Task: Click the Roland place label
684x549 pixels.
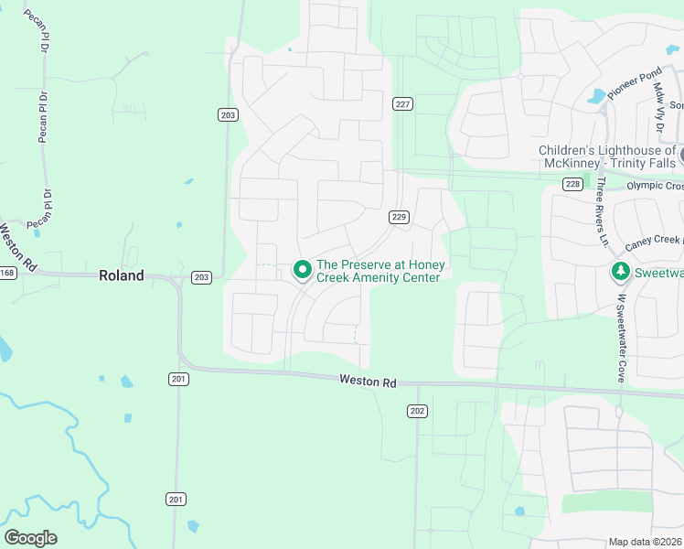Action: pos(122,275)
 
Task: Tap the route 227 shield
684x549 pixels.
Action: pos(401,104)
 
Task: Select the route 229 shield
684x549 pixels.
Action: pos(399,217)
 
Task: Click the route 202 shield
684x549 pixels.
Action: pos(418,411)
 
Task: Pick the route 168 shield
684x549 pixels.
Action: pos(7,273)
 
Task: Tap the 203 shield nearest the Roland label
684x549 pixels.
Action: pos(202,277)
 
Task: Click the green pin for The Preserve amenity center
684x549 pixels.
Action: pos(302,270)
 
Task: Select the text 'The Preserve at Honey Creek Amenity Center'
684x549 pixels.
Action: pos(380,271)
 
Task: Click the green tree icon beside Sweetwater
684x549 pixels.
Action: pos(620,272)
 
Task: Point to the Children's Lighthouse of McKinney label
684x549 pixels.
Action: pos(608,156)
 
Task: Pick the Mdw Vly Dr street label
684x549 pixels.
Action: pos(658,101)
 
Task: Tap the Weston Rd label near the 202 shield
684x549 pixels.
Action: pos(368,381)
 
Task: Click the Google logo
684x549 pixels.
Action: pos(30,538)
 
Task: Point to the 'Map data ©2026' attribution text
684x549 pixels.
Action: pos(646,543)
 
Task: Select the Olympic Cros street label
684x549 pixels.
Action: pos(655,186)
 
